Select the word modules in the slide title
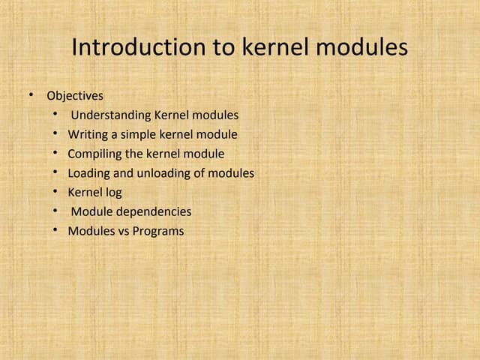362,48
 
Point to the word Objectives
75,96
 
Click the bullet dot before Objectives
31,95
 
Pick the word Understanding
110,115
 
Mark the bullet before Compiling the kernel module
55,154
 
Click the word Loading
89,173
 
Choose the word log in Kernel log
112,193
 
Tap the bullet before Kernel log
55,192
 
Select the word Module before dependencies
91,211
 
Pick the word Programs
158,231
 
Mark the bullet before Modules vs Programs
55,230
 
